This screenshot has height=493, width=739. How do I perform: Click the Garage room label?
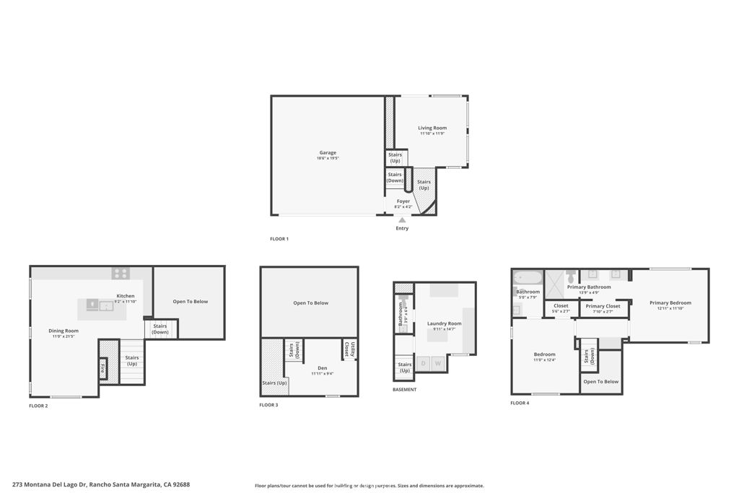(328, 153)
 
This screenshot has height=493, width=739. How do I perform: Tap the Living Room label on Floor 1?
(432, 128)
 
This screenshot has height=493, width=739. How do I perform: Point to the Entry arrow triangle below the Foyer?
(402, 219)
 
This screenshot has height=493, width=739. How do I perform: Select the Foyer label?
(403, 201)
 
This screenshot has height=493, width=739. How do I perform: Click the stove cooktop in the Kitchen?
(121, 274)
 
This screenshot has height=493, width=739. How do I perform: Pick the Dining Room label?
(64, 331)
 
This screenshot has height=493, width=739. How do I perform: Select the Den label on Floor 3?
(322, 368)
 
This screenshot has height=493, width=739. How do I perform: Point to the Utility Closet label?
(349, 350)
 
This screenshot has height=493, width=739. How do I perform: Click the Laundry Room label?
(444, 323)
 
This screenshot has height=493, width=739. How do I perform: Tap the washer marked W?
(437, 363)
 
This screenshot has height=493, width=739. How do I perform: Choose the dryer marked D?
(422, 363)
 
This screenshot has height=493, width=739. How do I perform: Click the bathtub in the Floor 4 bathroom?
(526, 278)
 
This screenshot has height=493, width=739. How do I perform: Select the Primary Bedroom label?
(670, 303)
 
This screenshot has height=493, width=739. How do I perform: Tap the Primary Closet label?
(603, 306)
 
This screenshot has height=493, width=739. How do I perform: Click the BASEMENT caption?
(404, 390)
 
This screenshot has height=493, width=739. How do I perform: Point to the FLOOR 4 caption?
(520, 403)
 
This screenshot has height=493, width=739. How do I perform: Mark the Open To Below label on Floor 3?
(310, 303)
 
